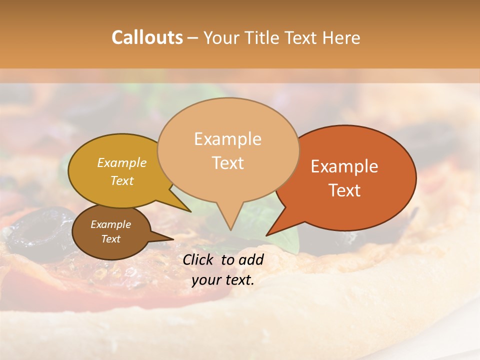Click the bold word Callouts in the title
tap(147, 37)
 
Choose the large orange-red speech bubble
tap(350, 177)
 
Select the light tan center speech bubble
tap(227, 150)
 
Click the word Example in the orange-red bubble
tap(344, 166)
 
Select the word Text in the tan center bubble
tap(228, 163)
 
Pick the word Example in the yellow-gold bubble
tap(122, 162)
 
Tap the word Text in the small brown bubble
tap(111, 239)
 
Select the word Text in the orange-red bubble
tap(345, 190)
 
